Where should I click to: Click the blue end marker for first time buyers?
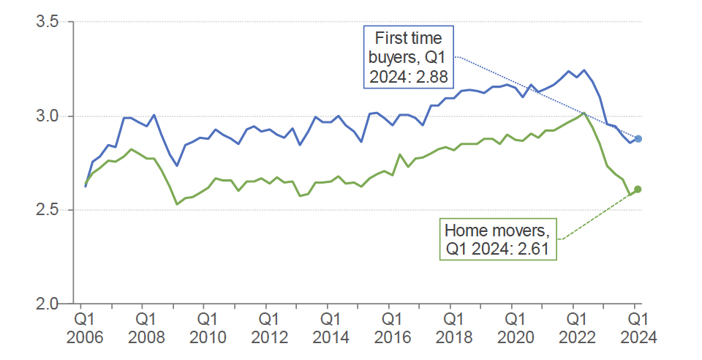point(638,139)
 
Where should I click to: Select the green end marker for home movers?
point(638,190)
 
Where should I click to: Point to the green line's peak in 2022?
point(584,113)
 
